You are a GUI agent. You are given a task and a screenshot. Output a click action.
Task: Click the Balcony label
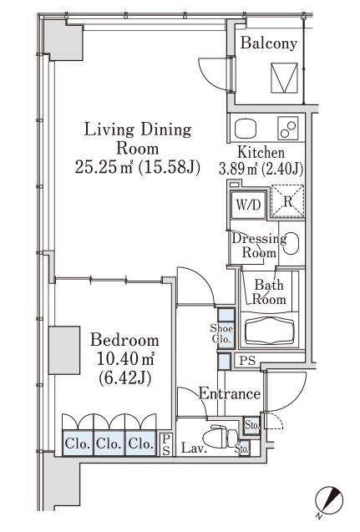[268, 44]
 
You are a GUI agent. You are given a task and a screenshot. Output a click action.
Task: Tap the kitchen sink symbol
[246, 129]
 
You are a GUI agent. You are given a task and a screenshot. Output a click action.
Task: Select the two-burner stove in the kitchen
[288, 129]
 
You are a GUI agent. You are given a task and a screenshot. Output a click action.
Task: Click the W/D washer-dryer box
[248, 205]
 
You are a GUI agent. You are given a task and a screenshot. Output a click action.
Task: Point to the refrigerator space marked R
[287, 201]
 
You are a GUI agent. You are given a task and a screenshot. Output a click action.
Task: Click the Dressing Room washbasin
[292, 243]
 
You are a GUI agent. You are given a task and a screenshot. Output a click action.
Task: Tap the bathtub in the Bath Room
[271, 330]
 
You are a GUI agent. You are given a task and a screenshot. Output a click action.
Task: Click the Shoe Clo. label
[221, 333]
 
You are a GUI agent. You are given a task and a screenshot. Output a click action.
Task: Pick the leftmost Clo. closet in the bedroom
[78, 443]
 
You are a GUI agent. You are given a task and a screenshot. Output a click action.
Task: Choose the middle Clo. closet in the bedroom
[109, 443]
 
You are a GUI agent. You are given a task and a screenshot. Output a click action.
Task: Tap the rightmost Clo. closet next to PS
[140, 443]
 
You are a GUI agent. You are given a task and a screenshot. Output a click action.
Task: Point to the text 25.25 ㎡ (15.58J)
[138, 167]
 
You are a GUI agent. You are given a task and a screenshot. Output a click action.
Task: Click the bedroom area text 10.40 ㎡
[125, 358]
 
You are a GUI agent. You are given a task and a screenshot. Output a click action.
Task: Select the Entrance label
[230, 393]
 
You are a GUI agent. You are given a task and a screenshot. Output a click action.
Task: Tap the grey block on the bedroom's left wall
[64, 350]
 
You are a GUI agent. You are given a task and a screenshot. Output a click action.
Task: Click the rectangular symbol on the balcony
[284, 78]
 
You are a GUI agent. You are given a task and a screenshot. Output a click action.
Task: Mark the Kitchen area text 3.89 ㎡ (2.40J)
[261, 169]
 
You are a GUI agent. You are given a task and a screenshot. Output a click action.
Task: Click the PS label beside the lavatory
[166, 444]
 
